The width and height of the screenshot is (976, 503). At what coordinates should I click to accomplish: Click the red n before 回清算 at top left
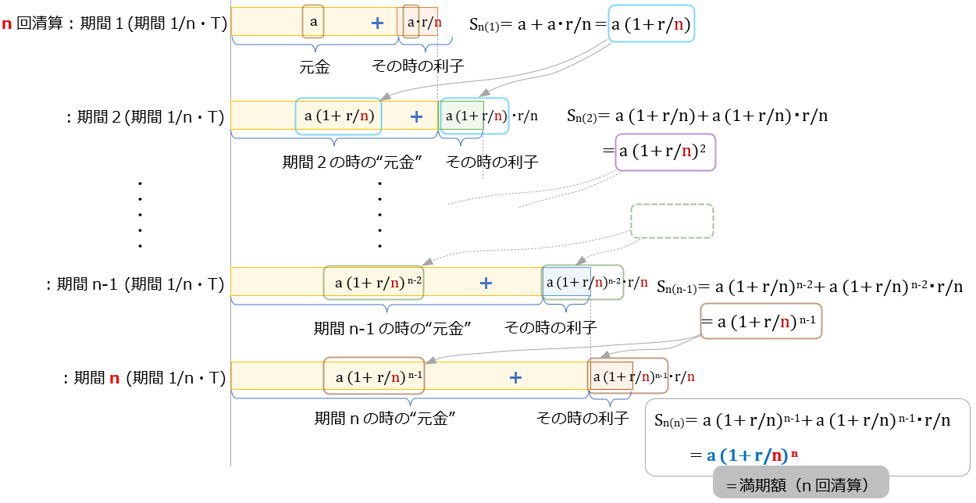coord(7,23)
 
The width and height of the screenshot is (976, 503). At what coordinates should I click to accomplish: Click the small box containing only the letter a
coord(313,22)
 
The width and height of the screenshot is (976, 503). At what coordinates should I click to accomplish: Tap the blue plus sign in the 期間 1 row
coord(378,23)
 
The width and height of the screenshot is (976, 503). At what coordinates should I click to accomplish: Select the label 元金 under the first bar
coord(315,67)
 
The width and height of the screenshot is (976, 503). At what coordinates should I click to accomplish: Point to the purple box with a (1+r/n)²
coord(665,152)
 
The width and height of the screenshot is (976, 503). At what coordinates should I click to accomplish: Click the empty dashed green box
coord(671,221)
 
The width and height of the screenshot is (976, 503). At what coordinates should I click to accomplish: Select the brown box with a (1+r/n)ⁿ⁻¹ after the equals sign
coord(761,321)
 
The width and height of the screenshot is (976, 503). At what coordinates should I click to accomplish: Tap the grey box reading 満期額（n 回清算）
coord(801,485)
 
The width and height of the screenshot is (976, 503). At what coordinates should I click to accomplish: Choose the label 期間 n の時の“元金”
coord(385,419)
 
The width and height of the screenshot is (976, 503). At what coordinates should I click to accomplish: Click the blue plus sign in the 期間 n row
coord(515,378)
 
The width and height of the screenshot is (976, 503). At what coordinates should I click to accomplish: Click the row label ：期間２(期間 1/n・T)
coord(144,117)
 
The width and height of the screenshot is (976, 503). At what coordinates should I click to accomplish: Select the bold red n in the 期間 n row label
coord(114,379)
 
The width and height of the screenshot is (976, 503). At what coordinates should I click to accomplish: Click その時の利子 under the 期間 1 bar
coord(419,67)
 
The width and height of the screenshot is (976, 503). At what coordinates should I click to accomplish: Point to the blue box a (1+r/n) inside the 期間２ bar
coord(338,116)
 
